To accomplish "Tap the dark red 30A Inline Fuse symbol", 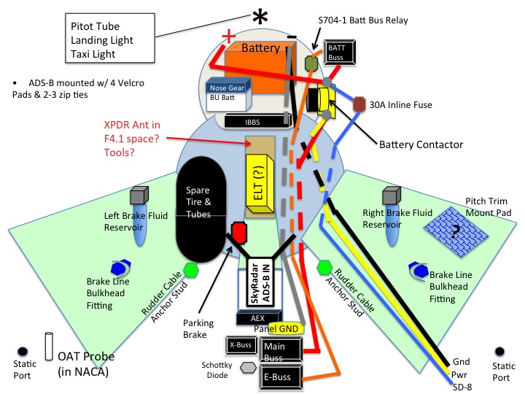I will click(359, 104).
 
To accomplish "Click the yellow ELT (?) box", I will click(260, 185).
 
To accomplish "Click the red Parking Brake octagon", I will click(238, 233).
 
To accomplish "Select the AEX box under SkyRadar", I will click(257, 318).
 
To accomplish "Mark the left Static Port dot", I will click(22, 352).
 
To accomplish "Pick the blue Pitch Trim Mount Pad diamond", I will click(456, 231).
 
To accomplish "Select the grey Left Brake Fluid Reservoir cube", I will click(139, 196).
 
